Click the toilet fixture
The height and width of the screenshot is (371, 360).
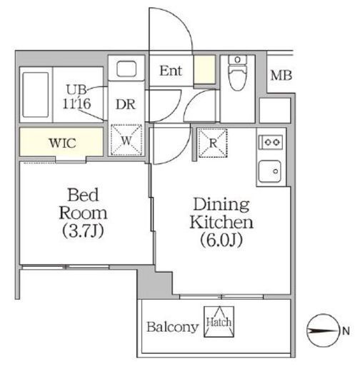(237, 73)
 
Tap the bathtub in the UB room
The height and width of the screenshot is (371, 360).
(36, 95)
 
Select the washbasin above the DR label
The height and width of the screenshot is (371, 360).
(126, 68)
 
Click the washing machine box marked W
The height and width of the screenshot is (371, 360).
(126, 140)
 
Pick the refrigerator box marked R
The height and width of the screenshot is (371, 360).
(213, 143)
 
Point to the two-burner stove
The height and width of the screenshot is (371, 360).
(271, 142)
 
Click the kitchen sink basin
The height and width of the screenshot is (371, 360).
(270, 171)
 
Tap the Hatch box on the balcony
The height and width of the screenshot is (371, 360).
(219, 322)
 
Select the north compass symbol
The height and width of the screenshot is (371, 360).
(323, 330)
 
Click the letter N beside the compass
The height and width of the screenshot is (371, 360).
(346, 331)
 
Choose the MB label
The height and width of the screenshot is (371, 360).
(281, 76)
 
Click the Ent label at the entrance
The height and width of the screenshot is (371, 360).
(171, 71)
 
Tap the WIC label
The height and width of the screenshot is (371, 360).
(62, 143)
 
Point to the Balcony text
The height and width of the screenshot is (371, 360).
(172, 327)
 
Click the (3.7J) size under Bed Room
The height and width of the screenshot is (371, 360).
(83, 231)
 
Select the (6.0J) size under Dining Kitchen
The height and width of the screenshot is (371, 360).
(221, 240)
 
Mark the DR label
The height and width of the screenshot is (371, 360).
(126, 104)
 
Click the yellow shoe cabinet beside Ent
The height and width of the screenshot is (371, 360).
(204, 69)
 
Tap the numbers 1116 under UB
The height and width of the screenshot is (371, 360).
(76, 103)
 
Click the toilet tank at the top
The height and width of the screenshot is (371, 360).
(237, 59)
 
